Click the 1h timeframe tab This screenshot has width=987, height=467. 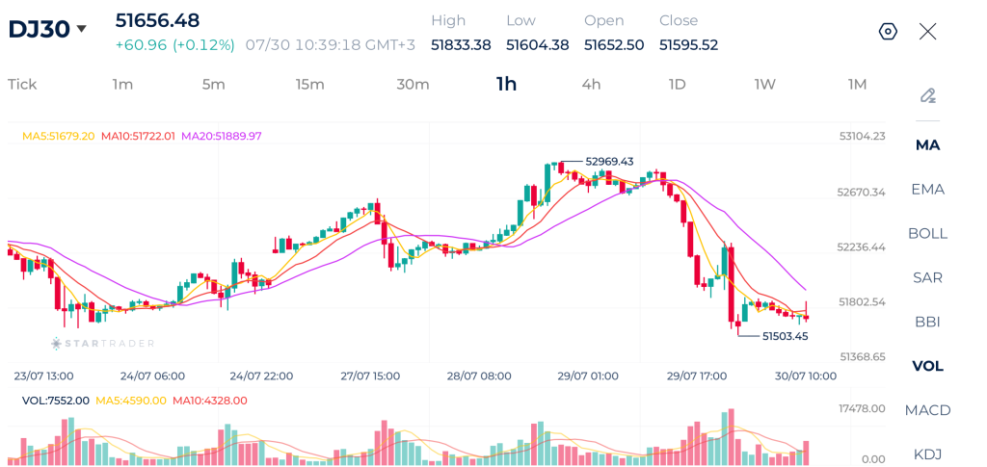click(506, 84)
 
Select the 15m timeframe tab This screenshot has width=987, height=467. click(310, 84)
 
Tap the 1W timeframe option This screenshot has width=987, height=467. click(765, 84)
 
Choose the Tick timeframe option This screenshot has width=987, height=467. click(22, 84)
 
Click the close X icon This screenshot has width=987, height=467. click(928, 32)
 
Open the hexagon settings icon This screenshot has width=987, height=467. click(888, 32)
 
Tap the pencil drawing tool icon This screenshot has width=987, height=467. click(928, 95)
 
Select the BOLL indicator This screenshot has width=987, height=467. click(928, 233)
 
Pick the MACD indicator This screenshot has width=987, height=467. click(928, 410)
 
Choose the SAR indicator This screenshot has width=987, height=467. click(928, 277)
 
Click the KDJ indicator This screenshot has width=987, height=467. click(928, 454)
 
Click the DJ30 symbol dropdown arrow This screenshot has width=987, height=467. click(81, 29)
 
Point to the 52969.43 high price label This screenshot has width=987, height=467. click(609, 161)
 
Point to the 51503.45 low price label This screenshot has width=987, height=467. click(785, 336)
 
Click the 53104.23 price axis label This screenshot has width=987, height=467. click(861, 137)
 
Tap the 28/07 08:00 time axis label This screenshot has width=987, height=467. click(479, 376)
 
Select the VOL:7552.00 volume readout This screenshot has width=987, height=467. click(55, 401)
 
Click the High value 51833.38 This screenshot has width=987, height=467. click(461, 45)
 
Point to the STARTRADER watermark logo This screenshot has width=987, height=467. click(102, 343)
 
